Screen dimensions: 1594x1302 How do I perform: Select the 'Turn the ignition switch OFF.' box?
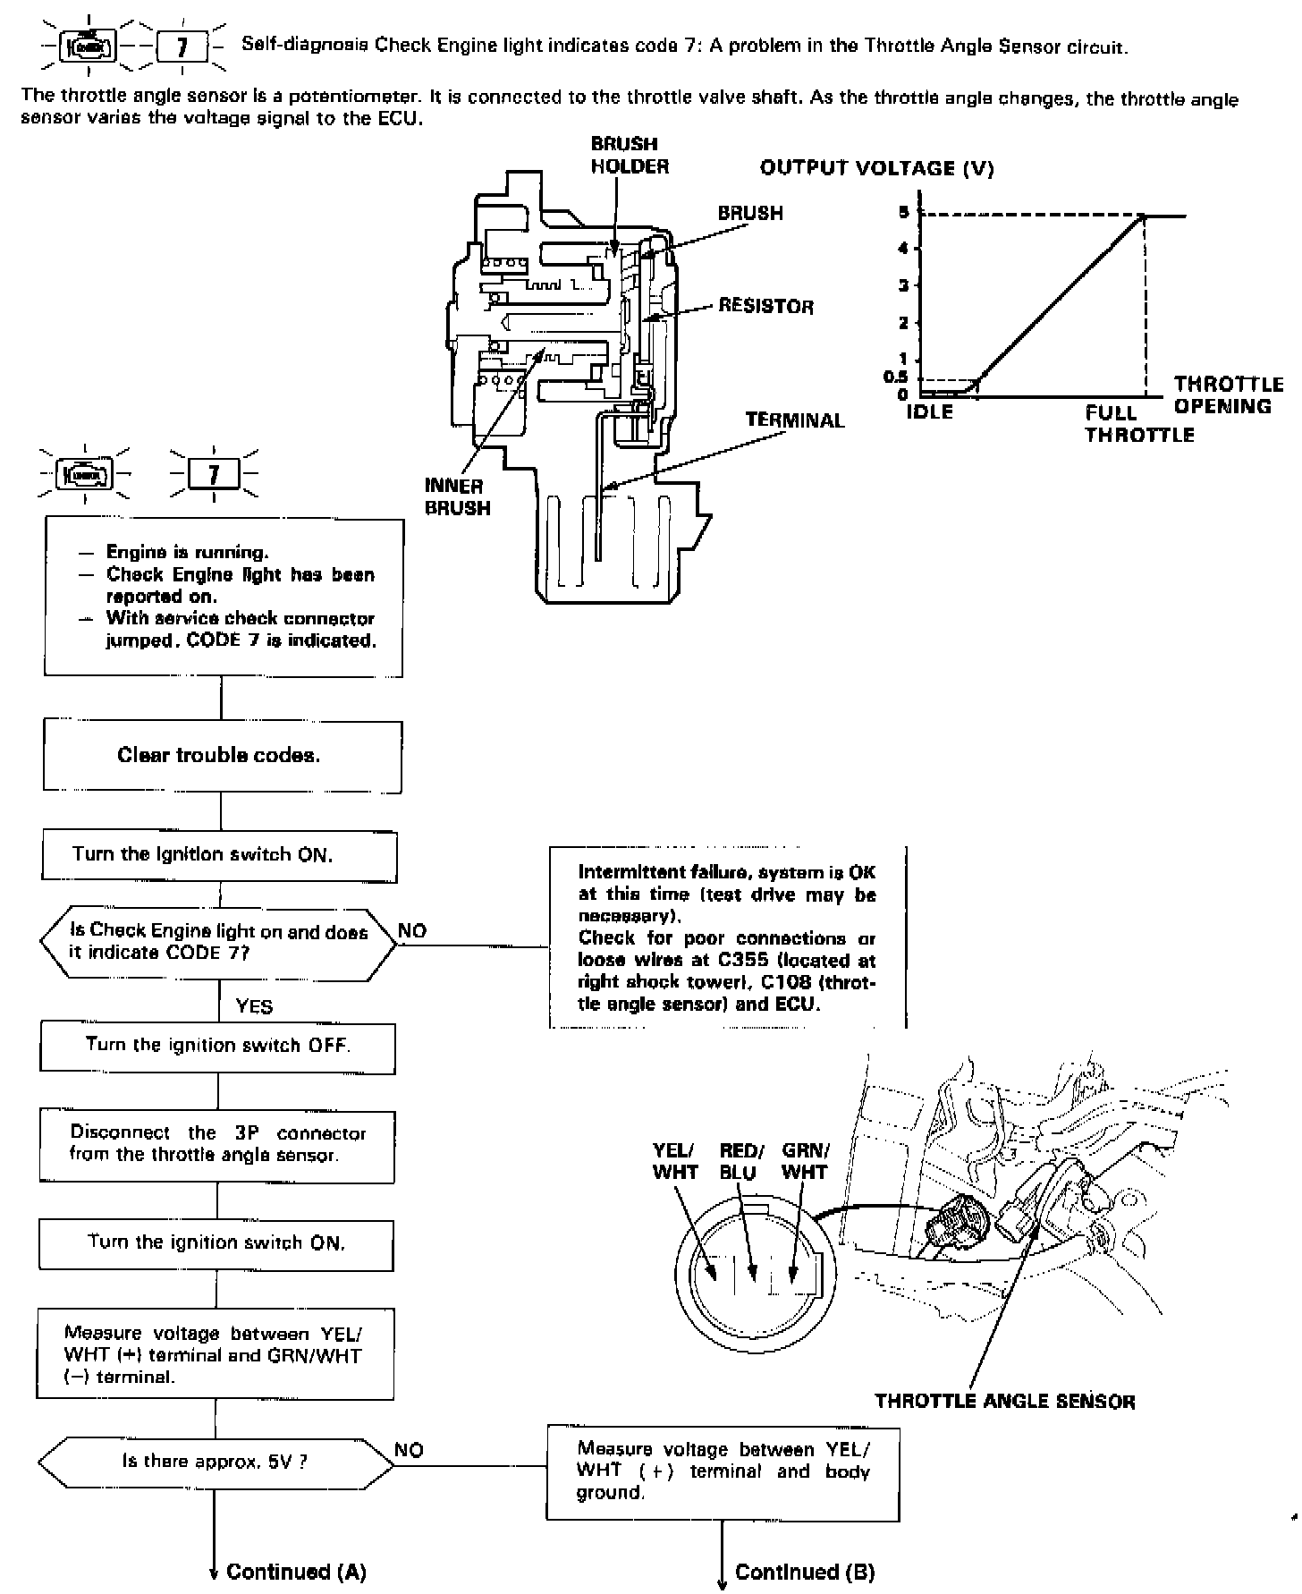pos(217,1045)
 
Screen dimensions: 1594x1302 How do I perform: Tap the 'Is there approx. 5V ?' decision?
pos(216,1462)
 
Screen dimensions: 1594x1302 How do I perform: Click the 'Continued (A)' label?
pos(296,1572)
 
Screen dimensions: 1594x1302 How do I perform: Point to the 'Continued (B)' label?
pos(804,1572)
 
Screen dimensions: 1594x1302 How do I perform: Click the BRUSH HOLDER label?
pos(630,155)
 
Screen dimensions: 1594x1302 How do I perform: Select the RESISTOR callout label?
pos(765,307)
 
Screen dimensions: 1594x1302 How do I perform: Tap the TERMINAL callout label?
pos(794,420)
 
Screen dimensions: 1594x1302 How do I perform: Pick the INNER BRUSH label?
pos(457,497)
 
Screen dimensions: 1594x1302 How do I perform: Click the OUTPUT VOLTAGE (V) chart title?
pos(876,168)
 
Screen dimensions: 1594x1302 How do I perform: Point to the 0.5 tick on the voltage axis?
pos(895,377)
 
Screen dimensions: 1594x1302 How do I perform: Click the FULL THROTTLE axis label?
pos(1138,424)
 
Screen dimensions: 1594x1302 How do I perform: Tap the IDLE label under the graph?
pos(929,412)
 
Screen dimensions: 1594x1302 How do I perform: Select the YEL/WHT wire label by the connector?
pos(675,1161)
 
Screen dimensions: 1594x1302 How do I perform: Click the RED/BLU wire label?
pos(741,1161)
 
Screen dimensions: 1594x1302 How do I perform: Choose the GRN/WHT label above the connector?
pos(805,1161)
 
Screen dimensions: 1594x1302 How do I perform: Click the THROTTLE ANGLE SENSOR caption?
pos(1004,1402)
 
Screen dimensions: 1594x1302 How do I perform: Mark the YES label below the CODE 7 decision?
pos(254,1006)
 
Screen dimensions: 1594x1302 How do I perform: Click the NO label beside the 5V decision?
pos(409,1450)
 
